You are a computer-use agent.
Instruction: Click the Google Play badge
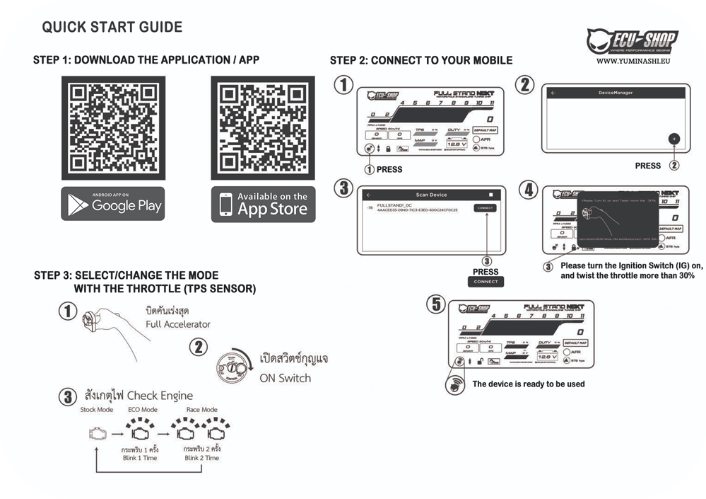(113, 205)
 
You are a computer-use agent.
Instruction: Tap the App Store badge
(263, 205)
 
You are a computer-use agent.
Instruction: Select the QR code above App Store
(263, 127)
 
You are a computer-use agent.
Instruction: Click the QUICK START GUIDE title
(112, 28)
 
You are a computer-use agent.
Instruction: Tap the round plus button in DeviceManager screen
(674, 139)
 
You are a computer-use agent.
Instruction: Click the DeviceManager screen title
(615, 93)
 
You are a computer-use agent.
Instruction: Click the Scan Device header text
(431, 195)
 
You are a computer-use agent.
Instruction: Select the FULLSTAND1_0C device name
(395, 205)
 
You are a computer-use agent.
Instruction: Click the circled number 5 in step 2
(438, 305)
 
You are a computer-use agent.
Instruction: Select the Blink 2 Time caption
(201, 458)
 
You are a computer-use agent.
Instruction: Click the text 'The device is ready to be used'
(528, 384)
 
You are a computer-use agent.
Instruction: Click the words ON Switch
(285, 378)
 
